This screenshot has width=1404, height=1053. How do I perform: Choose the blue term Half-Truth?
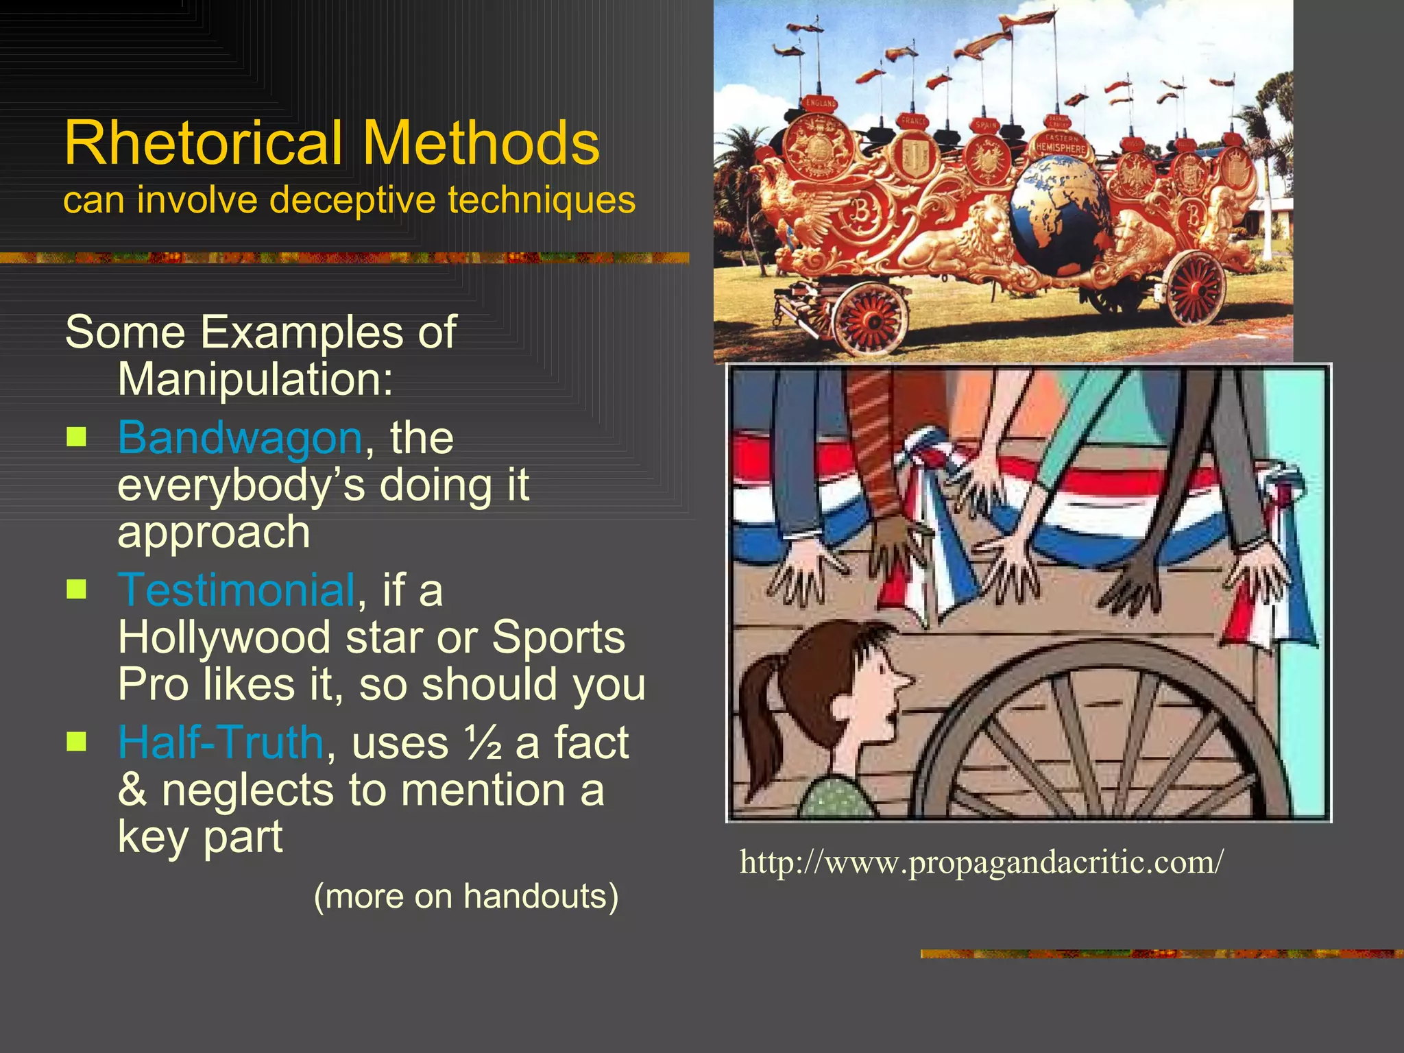(220, 742)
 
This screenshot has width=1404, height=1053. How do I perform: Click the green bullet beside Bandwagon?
(77, 437)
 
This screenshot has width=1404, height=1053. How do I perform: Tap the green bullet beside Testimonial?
(77, 589)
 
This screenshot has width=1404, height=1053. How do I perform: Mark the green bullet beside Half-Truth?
(77, 741)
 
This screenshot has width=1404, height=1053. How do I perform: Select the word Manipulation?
(255, 378)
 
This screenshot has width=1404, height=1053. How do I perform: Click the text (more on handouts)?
(466, 896)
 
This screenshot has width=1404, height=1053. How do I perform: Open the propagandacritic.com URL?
(981, 862)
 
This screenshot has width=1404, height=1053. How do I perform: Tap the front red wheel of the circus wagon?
(872, 319)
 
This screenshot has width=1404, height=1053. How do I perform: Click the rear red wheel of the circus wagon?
(1197, 288)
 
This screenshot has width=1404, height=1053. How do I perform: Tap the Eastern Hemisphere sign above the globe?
(1061, 145)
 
